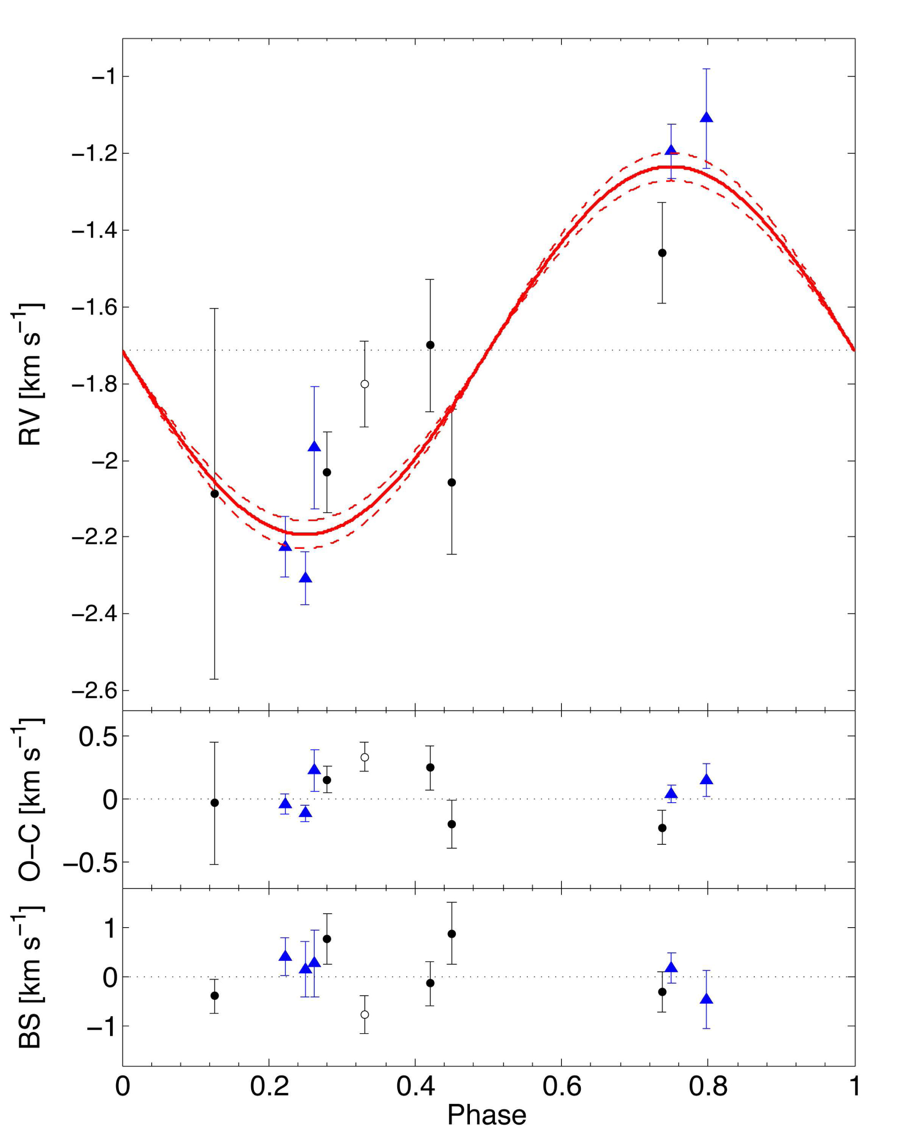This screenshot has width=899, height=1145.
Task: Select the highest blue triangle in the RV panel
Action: tap(707, 117)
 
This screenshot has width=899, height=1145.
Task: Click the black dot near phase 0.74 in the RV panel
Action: tap(662, 252)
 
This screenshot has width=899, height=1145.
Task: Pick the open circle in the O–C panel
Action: tap(364, 757)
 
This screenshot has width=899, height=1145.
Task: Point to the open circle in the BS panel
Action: tap(364, 1014)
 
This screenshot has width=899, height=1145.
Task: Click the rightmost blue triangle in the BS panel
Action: tap(707, 999)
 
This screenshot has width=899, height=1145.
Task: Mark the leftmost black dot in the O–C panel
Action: tap(214, 803)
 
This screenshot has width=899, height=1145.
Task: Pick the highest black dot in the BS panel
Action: tap(451, 934)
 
